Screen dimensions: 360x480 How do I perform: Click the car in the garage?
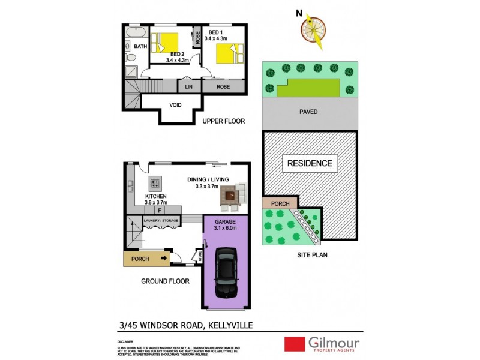(x=226, y=272)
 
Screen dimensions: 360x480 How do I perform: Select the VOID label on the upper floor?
(x=175, y=105)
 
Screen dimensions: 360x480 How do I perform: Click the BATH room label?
(x=140, y=46)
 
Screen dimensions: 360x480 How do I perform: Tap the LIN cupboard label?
(x=188, y=87)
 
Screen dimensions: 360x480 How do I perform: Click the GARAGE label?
(x=226, y=221)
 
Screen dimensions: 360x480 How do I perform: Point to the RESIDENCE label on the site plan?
(x=309, y=163)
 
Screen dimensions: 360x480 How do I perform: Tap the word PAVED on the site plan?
(x=308, y=112)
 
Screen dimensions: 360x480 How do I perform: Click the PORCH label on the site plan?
(x=280, y=203)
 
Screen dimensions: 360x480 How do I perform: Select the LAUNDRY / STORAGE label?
(x=161, y=221)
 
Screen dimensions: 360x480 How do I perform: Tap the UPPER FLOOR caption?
(x=224, y=121)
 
